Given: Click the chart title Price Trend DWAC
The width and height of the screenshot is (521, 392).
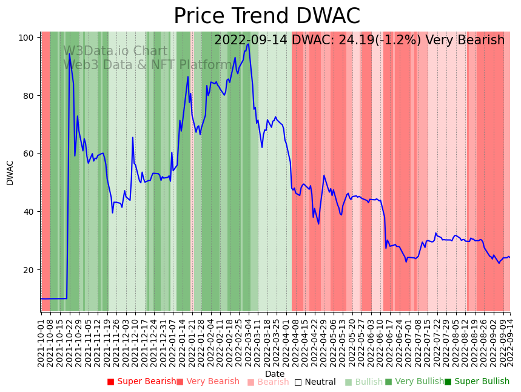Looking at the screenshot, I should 267,16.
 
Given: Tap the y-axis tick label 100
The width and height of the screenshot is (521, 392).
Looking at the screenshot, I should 25,38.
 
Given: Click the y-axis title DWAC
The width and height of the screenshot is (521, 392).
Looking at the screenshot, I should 10,172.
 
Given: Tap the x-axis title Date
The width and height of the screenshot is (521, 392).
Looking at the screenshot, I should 275,374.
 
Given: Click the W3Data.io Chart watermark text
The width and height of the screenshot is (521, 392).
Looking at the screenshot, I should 115,52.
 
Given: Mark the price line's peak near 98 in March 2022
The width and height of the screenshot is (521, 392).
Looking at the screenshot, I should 249,44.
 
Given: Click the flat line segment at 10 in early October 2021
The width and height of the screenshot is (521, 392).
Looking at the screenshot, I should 53,299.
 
